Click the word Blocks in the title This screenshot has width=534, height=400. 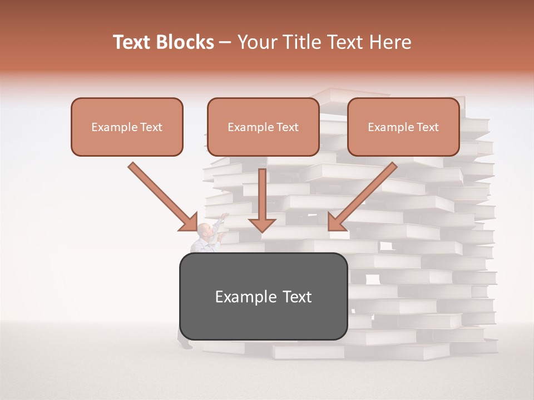point(186,42)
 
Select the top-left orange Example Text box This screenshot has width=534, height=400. point(127,127)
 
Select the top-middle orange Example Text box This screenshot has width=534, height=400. point(263,127)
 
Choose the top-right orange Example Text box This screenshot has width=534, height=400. point(403,127)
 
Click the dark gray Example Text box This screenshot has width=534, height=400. point(263,297)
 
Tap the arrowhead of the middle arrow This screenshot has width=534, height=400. point(262,224)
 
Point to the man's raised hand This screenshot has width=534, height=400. point(225,215)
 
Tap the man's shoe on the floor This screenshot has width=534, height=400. point(186,345)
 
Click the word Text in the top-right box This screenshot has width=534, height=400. point(427,127)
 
